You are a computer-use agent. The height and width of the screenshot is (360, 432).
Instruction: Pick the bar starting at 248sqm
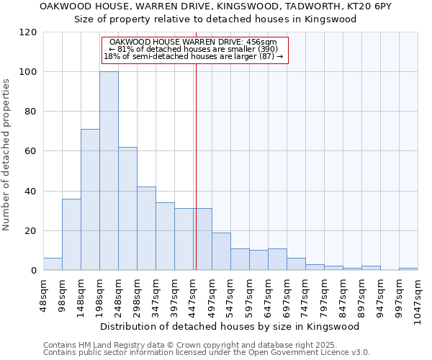127,209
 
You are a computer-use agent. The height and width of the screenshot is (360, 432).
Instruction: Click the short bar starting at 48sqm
53,264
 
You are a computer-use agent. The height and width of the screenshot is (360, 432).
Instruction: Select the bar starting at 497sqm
221,251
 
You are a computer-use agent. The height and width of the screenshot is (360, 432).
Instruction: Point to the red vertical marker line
196,166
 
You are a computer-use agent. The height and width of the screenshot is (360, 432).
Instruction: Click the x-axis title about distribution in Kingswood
230,326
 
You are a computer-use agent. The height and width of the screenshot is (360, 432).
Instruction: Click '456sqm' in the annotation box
261,42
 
